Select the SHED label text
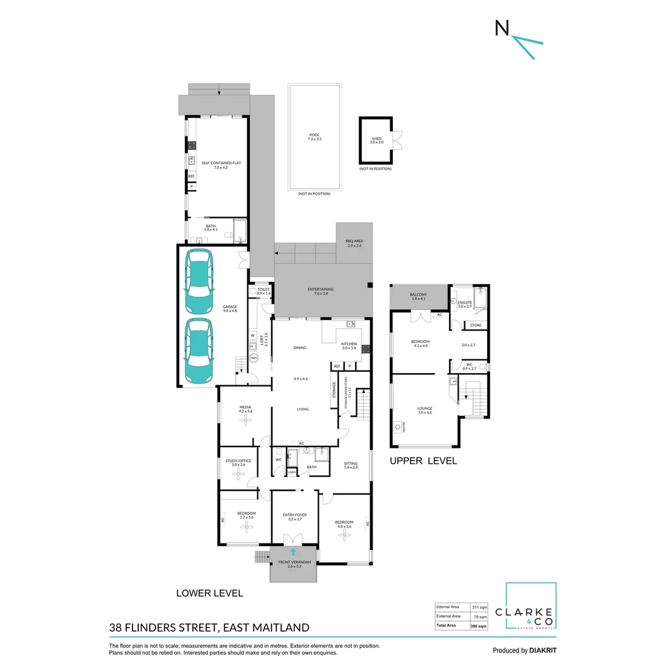(376, 139)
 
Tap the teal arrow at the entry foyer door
(294, 552)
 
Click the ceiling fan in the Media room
(245, 419)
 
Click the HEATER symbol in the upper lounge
(398, 425)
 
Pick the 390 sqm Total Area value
(479, 625)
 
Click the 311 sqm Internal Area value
(479, 607)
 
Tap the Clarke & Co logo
(531, 607)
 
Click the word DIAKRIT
(543, 650)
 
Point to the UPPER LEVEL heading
(422, 461)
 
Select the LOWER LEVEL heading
(210, 593)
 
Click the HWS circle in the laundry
(253, 358)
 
